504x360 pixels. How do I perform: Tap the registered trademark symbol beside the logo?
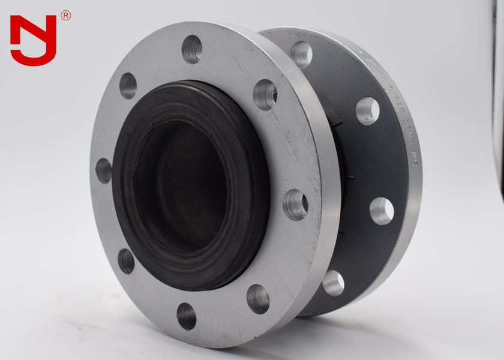[65, 16]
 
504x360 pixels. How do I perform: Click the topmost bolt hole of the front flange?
[192, 49]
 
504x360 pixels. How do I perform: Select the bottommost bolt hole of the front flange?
[187, 316]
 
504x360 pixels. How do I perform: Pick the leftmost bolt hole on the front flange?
[103, 171]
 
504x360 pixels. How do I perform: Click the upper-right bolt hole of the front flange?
[265, 95]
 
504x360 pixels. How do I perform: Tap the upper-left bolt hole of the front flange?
[128, 86]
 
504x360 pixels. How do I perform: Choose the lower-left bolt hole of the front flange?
[126, 261]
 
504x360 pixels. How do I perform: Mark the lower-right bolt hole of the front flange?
[258, 299]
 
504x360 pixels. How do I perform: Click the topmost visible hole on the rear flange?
[301, 54]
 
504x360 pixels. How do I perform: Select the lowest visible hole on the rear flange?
[334, 283]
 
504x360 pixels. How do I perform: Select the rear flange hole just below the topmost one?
[367, 110]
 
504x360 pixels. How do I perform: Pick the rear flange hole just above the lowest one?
[382, 211]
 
